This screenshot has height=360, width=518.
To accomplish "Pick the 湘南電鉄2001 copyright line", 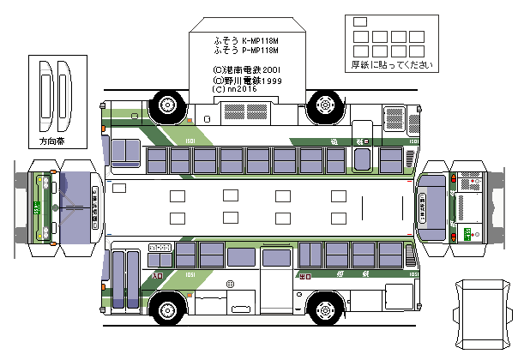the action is pyautogui.click(x=247, y=69).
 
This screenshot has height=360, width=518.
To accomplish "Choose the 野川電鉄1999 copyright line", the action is pyautogui.click(x=247, y=79).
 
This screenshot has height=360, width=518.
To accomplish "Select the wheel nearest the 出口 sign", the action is pyautogui.click(x=326, y=306).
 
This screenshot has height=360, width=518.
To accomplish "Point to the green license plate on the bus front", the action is pyautogui.click(x=37, y=207).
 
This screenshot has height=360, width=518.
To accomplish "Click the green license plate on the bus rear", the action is pyautogui.click(x=467, y=234).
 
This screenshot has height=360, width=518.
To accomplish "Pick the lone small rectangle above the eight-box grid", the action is pyautogui.click(x=359, y=21).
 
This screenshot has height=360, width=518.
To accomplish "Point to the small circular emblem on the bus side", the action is pyautogui.click(x=230, y=283).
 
